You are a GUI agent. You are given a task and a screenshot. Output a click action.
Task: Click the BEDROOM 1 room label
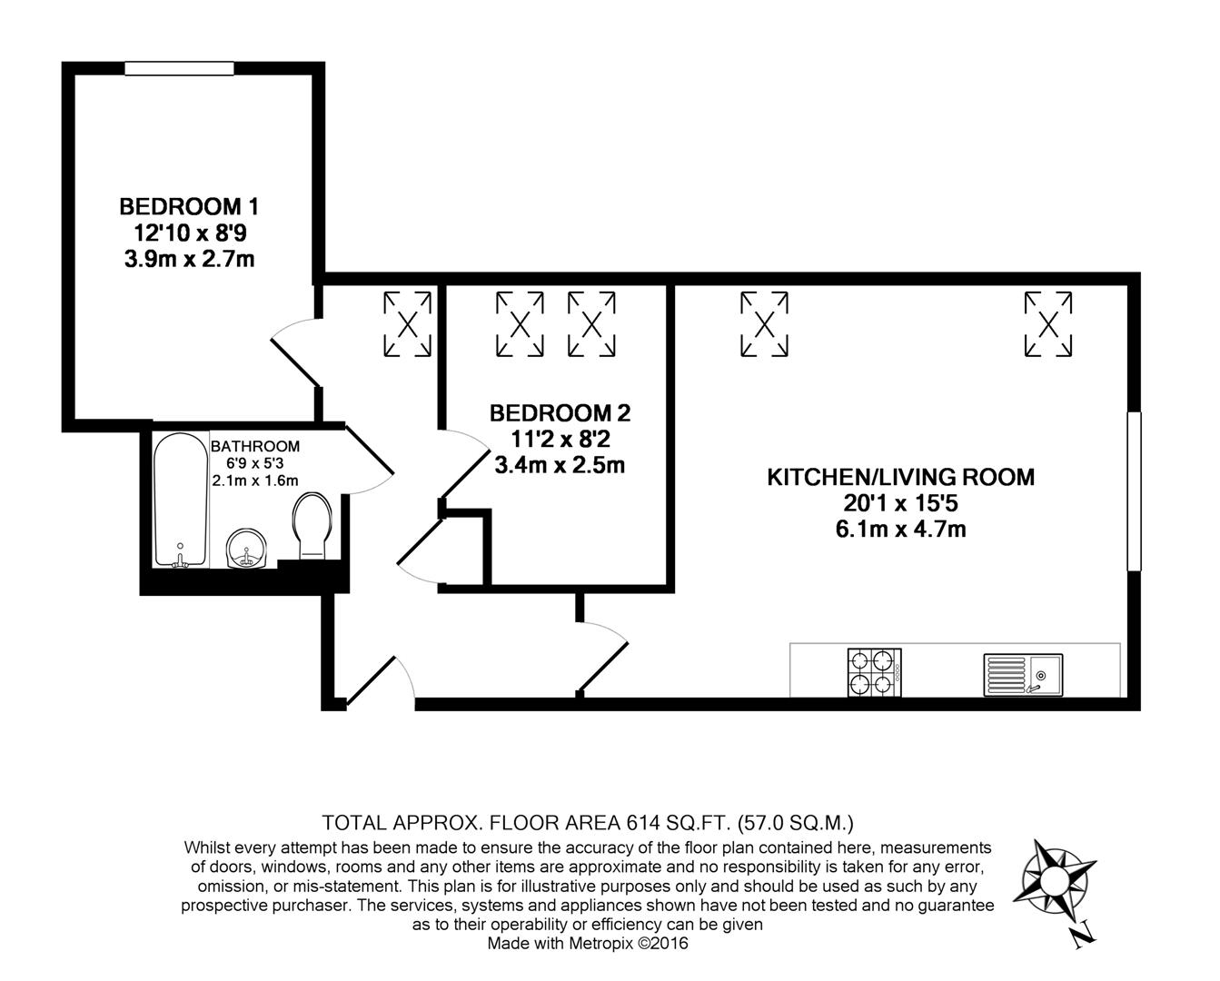click(x=194, y=205)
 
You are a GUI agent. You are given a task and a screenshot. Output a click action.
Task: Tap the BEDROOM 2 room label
click(x=560, y=413)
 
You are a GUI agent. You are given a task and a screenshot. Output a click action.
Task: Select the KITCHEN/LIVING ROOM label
click(x=900, y=477)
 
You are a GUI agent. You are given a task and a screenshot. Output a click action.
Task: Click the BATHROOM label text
click(x=254, y=447)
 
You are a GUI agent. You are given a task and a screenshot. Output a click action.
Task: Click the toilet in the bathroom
click(x=312, y=526)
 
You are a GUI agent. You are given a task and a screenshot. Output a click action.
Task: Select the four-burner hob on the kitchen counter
click(x=874, y=672)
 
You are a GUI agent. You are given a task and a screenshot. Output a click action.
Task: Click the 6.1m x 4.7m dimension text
click(x=900, y=529)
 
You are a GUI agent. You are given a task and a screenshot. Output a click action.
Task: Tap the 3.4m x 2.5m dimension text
click(x=560, y=466)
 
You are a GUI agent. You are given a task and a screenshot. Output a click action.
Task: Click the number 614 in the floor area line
click(x=643, y=824)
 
